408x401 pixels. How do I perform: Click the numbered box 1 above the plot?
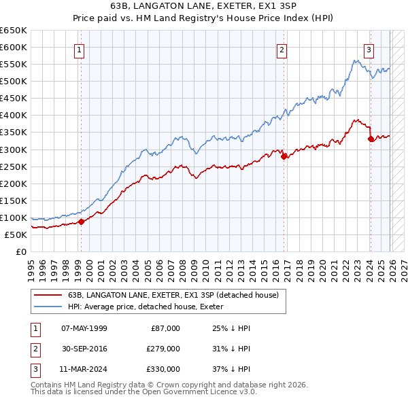pos(80,49)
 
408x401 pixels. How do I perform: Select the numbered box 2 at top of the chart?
pos(281,49)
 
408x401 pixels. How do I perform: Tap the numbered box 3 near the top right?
pos(369,49)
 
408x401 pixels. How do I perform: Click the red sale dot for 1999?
pos(81,221)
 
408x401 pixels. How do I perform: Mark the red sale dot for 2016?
pos(283,156)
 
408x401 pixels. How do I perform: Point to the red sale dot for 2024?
pos(371,139)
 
